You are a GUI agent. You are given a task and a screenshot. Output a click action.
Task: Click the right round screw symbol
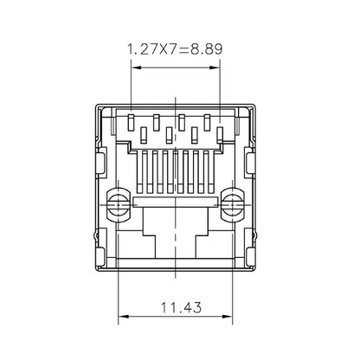[231, 204]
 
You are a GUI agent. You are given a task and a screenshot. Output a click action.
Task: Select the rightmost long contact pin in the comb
[211, 172]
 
